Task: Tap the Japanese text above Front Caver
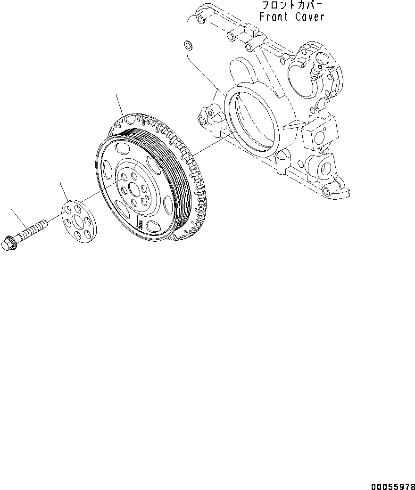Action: coord(292,6)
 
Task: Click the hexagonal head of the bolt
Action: coord(8,244)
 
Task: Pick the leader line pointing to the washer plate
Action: coord(66,191)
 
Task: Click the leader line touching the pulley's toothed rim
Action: coord(121,106)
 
